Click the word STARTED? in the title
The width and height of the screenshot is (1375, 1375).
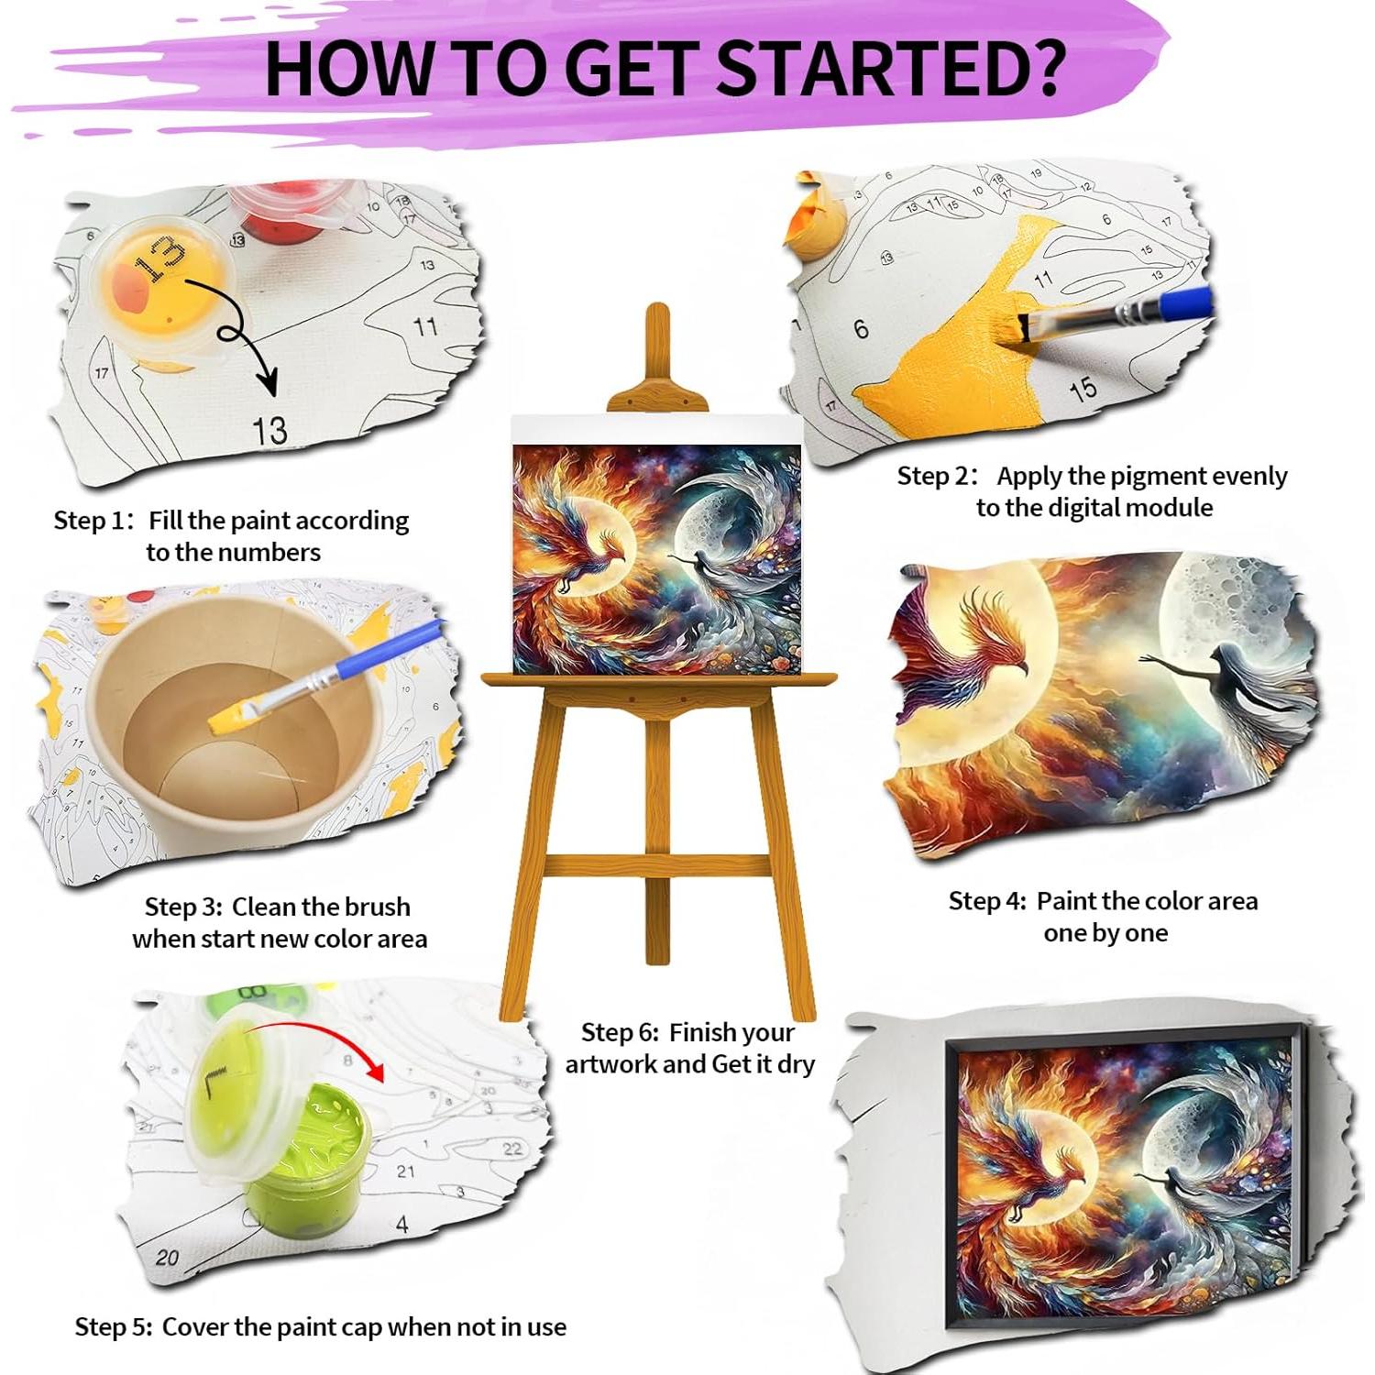[889, 68]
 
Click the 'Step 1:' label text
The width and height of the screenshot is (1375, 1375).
[93, 521]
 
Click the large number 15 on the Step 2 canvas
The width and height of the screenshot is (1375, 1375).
[1083, 389]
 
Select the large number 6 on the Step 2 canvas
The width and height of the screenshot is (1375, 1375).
[860, 329]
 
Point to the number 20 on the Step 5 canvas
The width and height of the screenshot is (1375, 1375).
[167, 1257]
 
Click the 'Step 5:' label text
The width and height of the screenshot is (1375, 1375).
[113, 1327]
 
